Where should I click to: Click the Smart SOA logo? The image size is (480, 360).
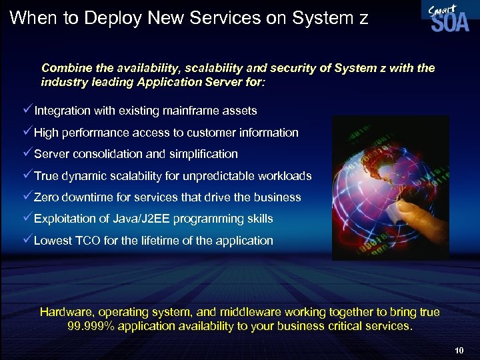point(445,17)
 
